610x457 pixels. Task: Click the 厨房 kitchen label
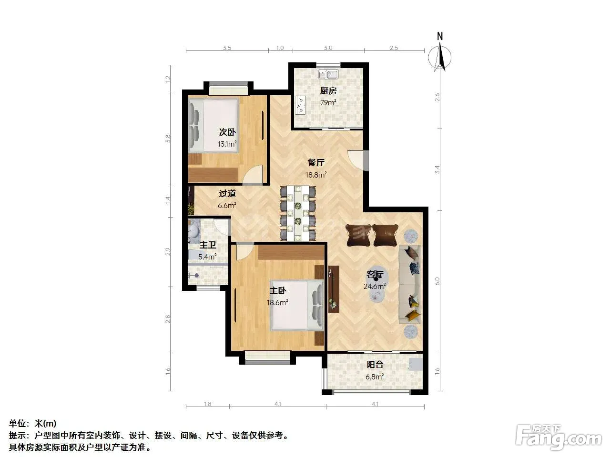tap(328, 91)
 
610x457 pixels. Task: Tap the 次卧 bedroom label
tap(227, 132)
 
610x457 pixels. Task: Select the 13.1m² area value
tap(227, 144)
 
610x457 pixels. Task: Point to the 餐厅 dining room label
tap(315, 162)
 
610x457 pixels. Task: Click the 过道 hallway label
tap(227, 193)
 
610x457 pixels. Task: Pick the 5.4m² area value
tap(207, 257)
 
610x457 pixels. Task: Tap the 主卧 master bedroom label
tap(278, 290)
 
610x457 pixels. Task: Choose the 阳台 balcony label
tap(375, 364)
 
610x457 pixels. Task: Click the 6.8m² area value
tap(375, 377)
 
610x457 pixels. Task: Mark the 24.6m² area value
tap(374, 286)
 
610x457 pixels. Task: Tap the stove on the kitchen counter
tap(300, 105)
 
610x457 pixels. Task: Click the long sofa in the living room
tap(410, 284)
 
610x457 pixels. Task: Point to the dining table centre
tap(298, 213)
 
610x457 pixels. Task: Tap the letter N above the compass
tap(440, 36)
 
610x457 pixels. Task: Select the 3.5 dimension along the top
tap(227, 48)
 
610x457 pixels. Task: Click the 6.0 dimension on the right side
tap(437, 281)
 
